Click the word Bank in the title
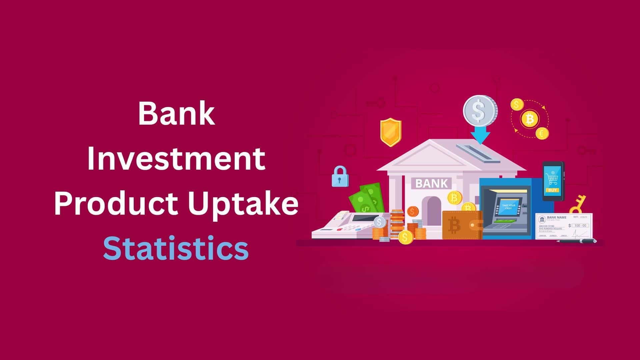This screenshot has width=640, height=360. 176,114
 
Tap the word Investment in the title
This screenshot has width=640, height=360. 176,159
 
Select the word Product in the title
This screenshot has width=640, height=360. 115,204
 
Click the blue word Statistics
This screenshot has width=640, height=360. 176,249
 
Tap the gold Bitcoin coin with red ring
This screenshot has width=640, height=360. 530,119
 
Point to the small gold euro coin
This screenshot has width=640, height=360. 542,133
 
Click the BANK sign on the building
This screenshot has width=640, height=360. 432,183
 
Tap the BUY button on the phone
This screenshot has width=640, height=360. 552,190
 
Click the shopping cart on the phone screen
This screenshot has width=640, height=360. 552,179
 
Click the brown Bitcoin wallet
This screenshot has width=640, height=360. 462,225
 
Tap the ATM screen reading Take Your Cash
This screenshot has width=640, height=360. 508,207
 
